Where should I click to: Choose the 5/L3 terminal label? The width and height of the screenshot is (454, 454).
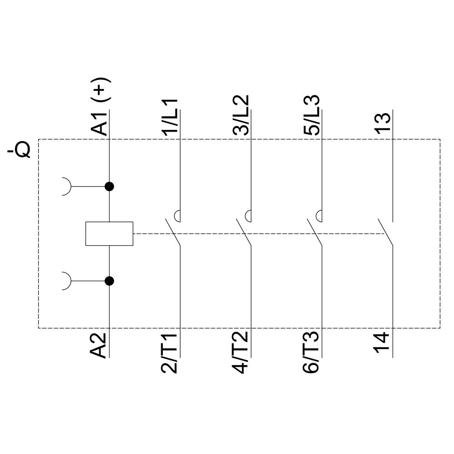click(312, 115)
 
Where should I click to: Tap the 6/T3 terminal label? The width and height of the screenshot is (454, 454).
click(312, 354)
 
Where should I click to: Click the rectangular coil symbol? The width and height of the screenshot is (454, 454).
click(109, 234)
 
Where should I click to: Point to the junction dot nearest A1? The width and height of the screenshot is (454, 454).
click(109, 186)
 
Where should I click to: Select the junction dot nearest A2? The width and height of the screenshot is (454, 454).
click(109, 281)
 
